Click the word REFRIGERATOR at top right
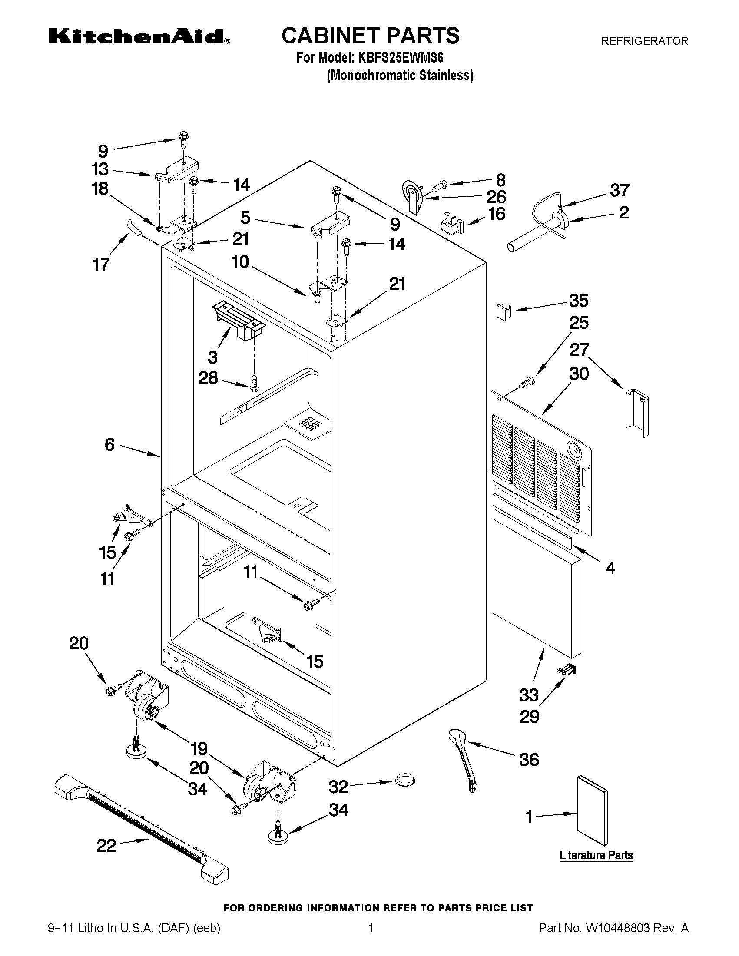tap(644, 41)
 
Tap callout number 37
tap(620, 190)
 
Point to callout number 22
tap(106, 845)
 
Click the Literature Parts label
tap(596, 855)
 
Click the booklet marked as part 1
tap(592, 810)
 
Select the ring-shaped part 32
tap(405, 780)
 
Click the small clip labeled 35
tap(503, 311)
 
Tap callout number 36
tap(529, 760)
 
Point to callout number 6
tap(109, 445)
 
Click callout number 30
tap(579, 374)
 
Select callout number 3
tap(212, 357)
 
